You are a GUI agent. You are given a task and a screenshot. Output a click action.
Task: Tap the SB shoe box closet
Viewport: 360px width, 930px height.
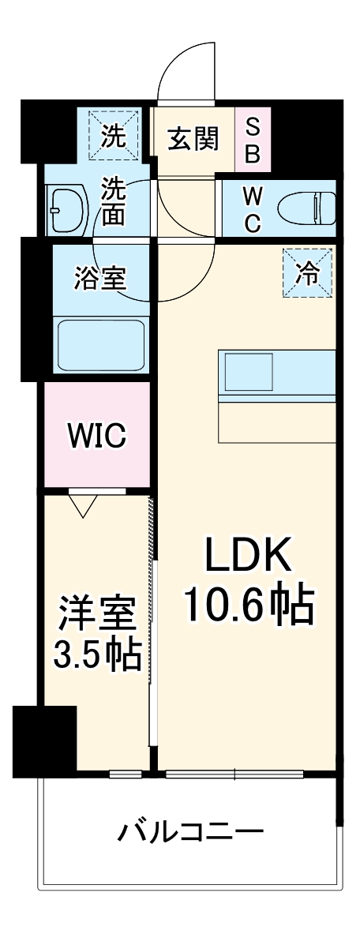point(253,140)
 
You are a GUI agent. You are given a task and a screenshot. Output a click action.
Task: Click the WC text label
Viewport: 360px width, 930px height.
point(251,209)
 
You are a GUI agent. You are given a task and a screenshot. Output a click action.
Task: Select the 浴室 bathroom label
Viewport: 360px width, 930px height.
point(102,279)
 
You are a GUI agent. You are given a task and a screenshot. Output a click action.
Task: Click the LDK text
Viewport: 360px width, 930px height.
point(249,557)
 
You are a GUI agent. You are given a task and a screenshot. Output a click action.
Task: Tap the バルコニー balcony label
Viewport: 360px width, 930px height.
point(190,831)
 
